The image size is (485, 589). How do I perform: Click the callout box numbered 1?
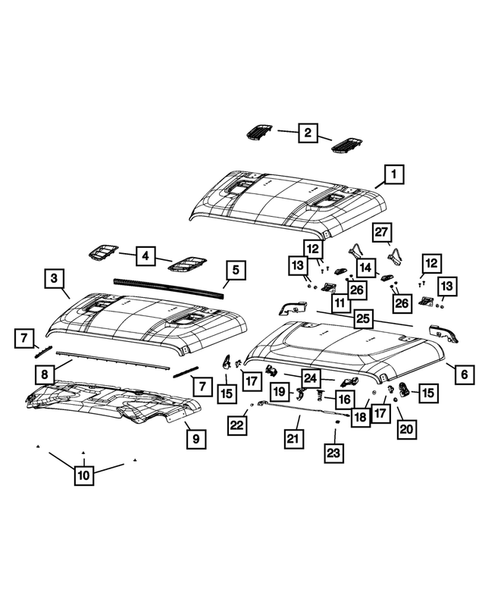(x=393, y=176)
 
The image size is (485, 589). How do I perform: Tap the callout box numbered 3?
(x=55, y=276)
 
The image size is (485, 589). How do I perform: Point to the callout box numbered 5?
(x=235, y=269)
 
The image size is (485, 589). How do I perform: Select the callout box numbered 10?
(x=83, y=476)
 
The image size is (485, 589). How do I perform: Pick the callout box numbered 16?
(x=343, y=399)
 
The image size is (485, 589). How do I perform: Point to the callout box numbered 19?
(x=280, y=391)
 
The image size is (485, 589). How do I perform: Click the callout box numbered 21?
(x=293, y=438)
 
